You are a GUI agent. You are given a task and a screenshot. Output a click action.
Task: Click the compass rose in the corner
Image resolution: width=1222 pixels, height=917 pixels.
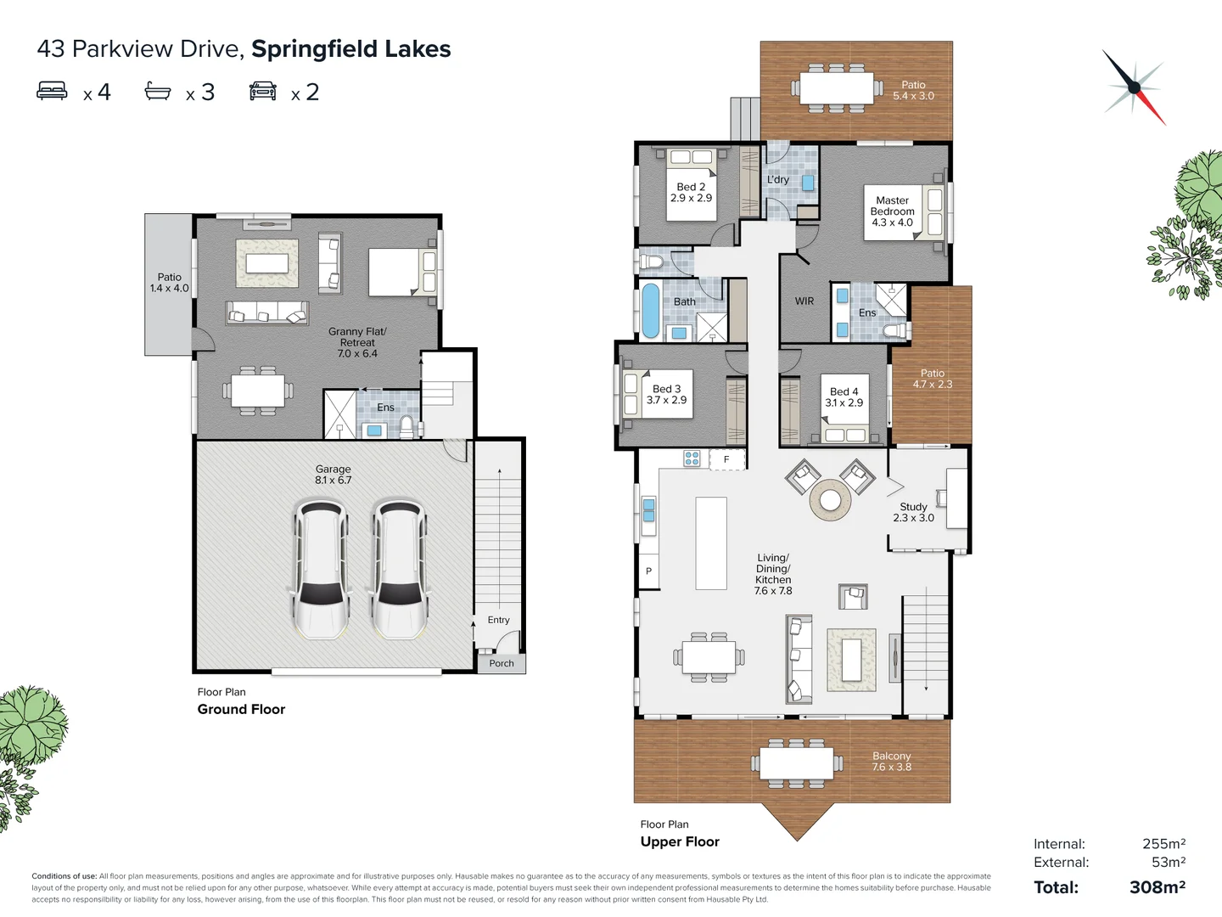click(1134, 87)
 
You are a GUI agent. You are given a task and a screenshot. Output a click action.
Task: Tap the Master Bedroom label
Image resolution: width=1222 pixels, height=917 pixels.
click(892, 211)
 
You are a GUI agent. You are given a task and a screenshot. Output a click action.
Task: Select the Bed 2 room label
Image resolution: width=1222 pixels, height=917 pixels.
click(691, 193)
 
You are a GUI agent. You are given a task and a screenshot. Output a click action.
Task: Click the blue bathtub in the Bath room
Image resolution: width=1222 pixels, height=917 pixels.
click(650, 311)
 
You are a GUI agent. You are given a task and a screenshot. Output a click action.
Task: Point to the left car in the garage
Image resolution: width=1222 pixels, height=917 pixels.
click(321, 569)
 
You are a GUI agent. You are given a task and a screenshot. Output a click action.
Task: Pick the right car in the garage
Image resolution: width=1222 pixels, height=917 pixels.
click(399, 569)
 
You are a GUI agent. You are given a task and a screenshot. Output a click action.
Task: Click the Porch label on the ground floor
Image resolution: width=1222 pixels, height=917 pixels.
click(501, 663)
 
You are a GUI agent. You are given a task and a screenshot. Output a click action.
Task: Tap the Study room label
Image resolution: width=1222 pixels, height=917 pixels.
click(913, 512)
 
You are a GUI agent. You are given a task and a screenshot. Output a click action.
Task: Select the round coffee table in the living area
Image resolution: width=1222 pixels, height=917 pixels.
click(830, 500)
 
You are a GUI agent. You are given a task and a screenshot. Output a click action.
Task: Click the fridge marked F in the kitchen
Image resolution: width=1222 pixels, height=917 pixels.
click(726, 459)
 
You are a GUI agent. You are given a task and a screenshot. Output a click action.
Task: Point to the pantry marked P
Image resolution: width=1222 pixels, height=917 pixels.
click(648, 571)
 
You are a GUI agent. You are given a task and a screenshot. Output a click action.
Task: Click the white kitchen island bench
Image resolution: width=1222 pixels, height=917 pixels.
click(711, 543)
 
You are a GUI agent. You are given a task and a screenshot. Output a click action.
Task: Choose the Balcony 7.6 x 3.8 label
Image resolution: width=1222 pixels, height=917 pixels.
click(891, 762)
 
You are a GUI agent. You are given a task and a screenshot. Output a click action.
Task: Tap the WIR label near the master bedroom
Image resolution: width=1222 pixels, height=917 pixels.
click(804, 301)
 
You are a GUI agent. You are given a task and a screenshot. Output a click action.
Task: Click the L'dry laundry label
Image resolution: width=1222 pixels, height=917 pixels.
click(778, 180)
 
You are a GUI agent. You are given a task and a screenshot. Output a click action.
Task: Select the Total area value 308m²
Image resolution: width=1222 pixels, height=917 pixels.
click(1157, 887)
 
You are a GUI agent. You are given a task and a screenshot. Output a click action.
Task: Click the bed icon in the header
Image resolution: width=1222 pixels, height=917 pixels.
click(53, 91)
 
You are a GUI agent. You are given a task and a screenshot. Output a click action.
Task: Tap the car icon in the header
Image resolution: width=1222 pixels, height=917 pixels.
click(263, 91)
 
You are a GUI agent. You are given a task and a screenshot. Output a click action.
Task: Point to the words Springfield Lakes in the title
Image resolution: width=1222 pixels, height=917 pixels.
click(350, 49)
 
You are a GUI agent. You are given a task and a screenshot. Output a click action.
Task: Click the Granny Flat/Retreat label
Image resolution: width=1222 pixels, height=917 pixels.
click(357, 342)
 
